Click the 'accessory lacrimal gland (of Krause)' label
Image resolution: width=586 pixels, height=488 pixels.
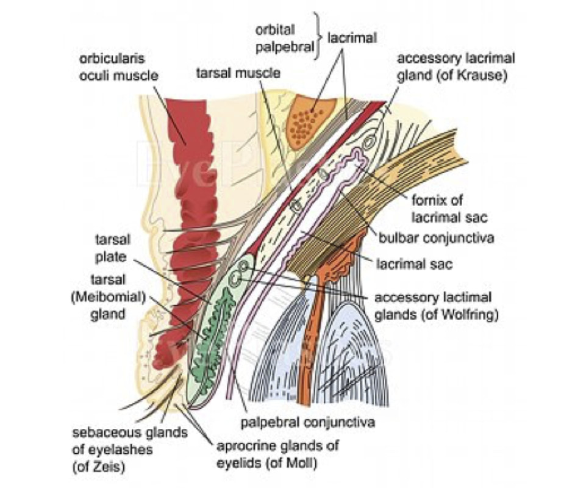(456, 65)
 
